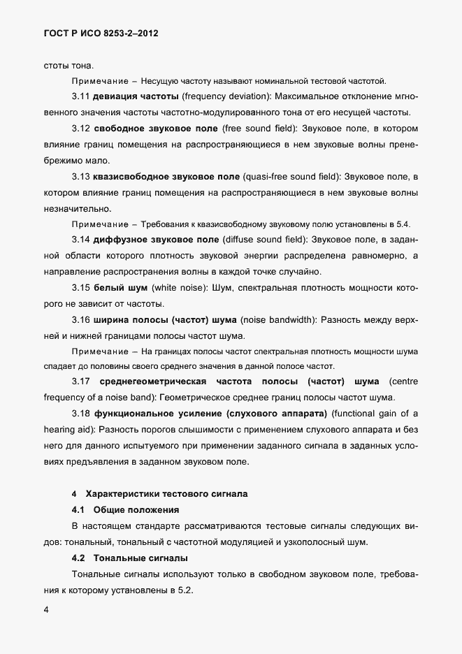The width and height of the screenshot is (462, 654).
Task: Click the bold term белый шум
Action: [116, 288]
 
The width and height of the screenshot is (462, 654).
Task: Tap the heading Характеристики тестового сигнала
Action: [166, 494]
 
